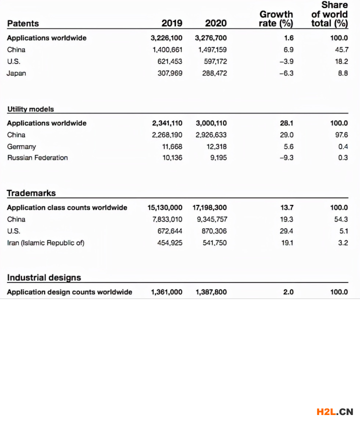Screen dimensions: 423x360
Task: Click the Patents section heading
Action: [x=23, y=23]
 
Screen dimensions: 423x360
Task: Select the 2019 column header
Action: [x=172, y=23]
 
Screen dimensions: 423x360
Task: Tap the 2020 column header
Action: [x=215, y=23]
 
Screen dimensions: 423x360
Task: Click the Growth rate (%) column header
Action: [x=275, y=18]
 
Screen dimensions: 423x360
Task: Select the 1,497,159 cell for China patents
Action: [x=212, y=50]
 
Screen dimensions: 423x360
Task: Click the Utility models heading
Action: [x=30, y=108]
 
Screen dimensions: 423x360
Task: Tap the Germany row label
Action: [x=21, y=146]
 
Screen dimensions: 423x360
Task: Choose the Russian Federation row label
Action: [x=37, y=158]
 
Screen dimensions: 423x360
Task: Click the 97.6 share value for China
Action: [x=341, y=135]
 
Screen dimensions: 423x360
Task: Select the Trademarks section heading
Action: [x=31, y=193]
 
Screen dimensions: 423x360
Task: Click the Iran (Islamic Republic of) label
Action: [x=45, y=243]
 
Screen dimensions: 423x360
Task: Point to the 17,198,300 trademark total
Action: [x=209, y=207]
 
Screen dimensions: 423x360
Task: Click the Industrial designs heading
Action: [x=44, y=277]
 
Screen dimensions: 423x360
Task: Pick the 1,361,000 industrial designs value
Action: [x=166, y=292]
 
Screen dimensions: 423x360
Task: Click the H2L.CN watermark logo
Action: [x=334, y=411]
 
